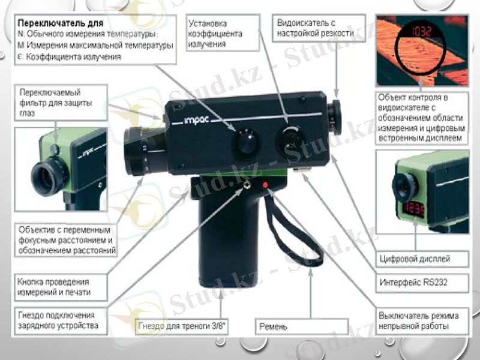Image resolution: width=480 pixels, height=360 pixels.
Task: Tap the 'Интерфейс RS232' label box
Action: tap(414, 281)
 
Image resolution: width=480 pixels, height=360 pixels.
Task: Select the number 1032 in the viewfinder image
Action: tap(413, 31)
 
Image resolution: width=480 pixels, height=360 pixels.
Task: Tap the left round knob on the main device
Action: tap(244, 143)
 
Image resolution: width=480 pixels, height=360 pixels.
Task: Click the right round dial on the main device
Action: tap(289, 141)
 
